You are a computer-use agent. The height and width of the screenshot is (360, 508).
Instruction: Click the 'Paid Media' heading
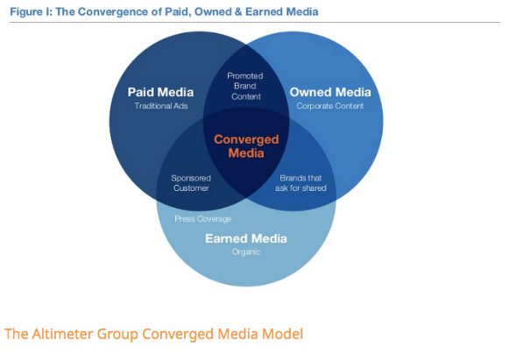pyautogui.click(x=160, y=92)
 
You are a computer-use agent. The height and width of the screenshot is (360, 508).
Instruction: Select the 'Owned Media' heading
pyautogui.click(x=330, y=92)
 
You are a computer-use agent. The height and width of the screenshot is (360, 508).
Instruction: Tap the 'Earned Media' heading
pyautogui.click(x=246, y=238)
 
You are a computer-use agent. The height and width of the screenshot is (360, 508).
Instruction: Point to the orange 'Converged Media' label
pyautogui.click(x=246, y=146)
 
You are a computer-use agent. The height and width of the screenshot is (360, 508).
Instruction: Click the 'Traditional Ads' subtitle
pyautogui.click(x=161, y=106)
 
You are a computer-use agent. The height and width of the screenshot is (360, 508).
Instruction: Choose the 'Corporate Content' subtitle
pyautogui.click(x=330, y=106)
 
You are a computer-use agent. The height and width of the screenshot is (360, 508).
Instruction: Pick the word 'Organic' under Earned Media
pyautogui.click(x=246, y=252)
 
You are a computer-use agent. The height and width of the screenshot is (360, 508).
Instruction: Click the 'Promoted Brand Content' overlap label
pyautogui.click(x=245, y=86)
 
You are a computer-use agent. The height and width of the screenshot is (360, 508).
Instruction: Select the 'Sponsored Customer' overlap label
pyautogui.click(x=191, y=183)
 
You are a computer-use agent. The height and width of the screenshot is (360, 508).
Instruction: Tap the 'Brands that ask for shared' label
pyautogui.click(x=300, y=183)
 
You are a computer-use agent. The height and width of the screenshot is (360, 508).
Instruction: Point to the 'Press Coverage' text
pyautogui.click(x=203, y=219)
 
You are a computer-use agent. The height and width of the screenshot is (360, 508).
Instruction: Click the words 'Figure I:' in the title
pyautogui.click(x=32, y=12)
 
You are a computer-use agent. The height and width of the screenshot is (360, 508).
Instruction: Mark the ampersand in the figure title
pyautogui.click(x=238, y=12)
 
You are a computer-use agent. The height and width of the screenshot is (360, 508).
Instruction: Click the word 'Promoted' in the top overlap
pyautogui.click(x=245, y=76)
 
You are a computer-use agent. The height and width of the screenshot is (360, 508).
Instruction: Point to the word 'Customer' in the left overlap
pyautogui.click(x=191, y=188)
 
